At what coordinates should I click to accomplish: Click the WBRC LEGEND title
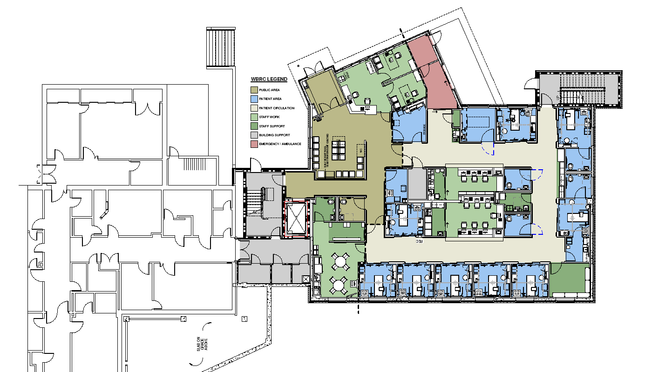pos(269,80)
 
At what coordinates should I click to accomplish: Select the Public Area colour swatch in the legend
pos(254,90)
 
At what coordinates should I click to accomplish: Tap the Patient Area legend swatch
pos(254,99)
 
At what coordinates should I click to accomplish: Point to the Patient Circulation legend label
pos(277,108)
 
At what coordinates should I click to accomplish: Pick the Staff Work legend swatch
pos(254,117)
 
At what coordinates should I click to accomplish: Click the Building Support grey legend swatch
pos(254,135)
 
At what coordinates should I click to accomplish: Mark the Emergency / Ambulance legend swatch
pos(254,144)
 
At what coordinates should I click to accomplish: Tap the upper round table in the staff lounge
pos(341,262)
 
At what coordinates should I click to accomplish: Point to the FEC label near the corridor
pos(418,242)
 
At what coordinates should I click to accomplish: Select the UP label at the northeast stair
pos(557,98)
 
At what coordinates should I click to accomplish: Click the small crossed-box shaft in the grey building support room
pos(305,279)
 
